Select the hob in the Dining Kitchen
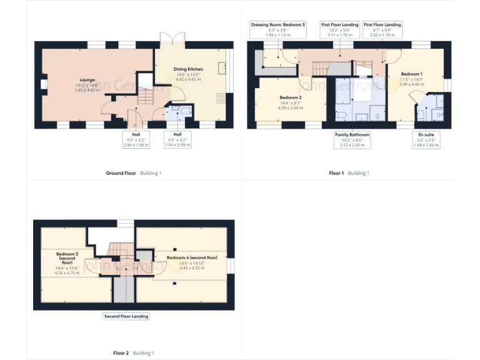(221, 97)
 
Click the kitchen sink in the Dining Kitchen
(222, 67)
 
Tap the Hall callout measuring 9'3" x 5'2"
(136, 139)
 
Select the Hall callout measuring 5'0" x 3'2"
(177, 139)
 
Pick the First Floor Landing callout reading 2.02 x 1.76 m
(382, 29)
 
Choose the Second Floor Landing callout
(126, 316)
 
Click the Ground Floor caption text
(121, 173)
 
